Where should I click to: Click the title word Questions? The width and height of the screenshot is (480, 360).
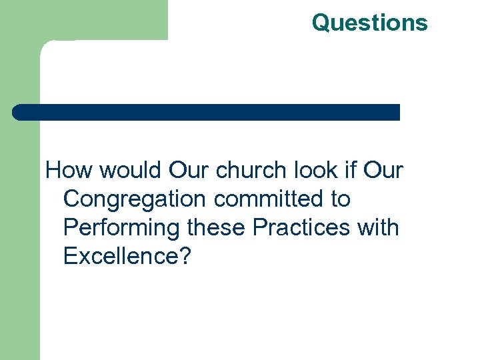[x=369, y=23]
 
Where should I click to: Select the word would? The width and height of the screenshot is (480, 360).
[x=131, y=171]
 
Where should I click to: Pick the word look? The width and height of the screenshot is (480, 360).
[x=311, y=171]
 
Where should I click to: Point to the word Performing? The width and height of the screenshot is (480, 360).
[x=121, y=228]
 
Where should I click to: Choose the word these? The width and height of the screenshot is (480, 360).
[x=217, y=228]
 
